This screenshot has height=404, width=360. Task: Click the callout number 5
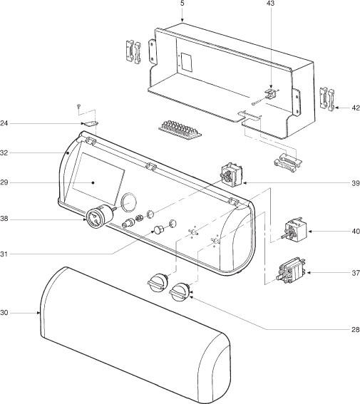click(182, 4)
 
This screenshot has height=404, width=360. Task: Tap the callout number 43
click(269, 4)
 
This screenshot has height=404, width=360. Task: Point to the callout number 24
click(5, 123)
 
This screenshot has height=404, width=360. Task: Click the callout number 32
click(5, 152)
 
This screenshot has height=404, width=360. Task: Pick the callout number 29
click(5, 183)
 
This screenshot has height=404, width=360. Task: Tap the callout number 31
click(5, 254)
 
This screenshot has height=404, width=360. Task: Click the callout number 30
click(5, 312)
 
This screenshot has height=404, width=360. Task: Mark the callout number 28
click(355, 330)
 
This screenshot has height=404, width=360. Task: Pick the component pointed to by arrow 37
click(292, 271)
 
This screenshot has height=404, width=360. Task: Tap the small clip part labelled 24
click(91, 124)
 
